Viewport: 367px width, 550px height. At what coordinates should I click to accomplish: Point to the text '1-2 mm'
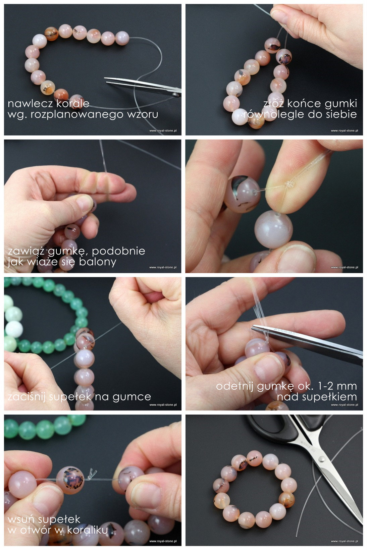point(337,386)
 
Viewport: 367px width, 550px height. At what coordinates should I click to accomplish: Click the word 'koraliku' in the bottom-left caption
point(88,530)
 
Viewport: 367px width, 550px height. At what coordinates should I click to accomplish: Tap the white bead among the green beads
point(14,329)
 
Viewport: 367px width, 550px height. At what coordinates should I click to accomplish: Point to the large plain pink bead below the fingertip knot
point(273,230)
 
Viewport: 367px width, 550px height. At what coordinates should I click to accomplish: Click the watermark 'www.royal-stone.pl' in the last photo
point(345,541)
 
